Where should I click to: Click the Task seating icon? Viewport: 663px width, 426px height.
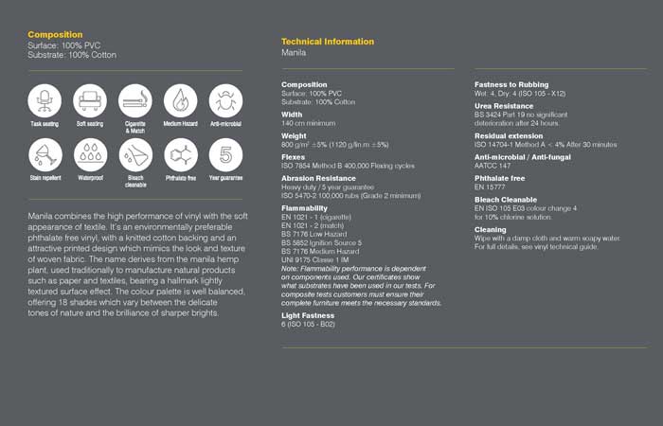pos(45,99)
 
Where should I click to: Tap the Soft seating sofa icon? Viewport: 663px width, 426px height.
pos(90,99)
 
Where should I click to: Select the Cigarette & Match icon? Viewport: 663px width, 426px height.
pos(135,99)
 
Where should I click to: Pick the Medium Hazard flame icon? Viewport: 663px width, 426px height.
pos(180,99)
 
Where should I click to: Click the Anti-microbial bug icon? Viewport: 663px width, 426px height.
pos(225,99)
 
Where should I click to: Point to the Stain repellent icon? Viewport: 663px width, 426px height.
pos(45,154)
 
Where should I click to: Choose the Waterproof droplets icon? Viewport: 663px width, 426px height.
pos(90,154)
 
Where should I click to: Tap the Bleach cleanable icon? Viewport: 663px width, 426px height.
pos(135,154)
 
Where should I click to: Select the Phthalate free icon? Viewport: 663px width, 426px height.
pos(180,154)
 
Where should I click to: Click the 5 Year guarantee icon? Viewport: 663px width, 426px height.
pos(225,154)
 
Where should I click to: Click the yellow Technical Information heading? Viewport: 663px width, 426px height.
pos(328,42)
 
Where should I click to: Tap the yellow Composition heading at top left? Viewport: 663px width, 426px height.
pos(55,34)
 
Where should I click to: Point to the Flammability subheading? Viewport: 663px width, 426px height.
pos(304,207)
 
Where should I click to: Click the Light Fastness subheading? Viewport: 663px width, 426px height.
pos(307,315)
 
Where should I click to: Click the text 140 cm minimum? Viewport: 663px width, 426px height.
pos(309,123)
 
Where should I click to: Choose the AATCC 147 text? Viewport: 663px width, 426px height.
pos(492,164)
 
